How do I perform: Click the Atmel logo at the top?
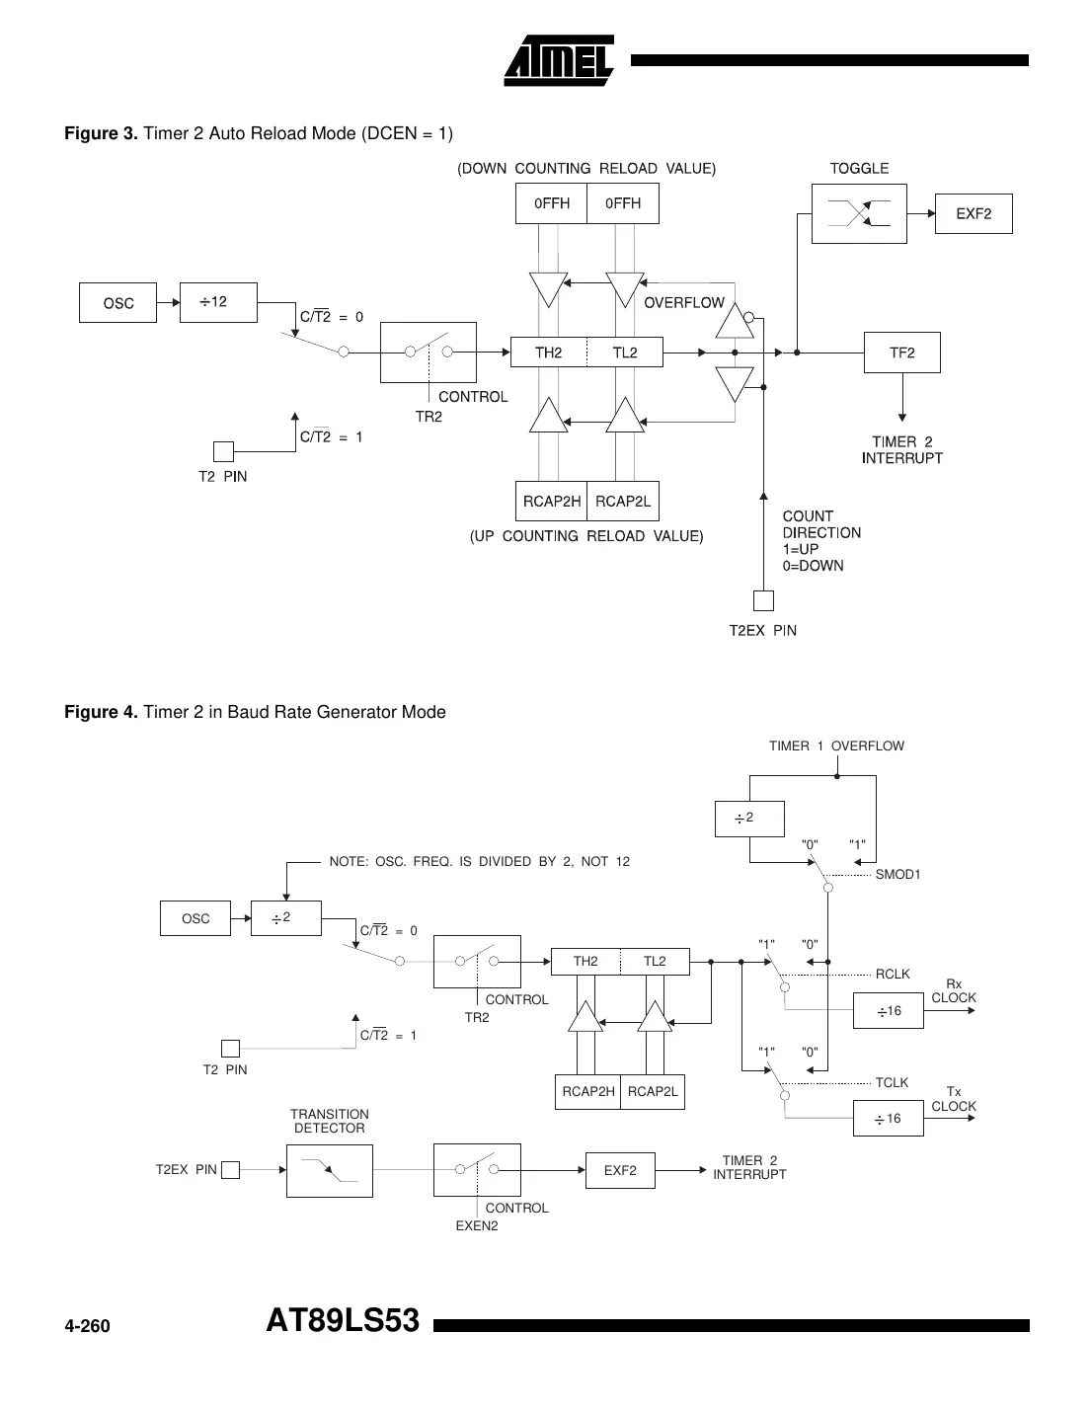click(559, 61)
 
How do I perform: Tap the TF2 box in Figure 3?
click(901, 353)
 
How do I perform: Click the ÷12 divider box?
click(218, 302)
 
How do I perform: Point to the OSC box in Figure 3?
click(117, 303)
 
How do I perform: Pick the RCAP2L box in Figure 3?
click(623, 501)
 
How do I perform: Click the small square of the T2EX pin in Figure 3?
click(763, 600)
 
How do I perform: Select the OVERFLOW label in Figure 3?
click(683, 303)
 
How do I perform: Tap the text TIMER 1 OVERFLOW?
click(836, 746)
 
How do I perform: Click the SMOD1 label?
click(897, 875)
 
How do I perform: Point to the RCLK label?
click(893, 974)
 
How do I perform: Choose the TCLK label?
click(892, 1082)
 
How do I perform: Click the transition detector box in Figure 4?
click(329, 1171)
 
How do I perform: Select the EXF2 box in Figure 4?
click(620, 1170)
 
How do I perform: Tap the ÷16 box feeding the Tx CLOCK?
click(888, 1119)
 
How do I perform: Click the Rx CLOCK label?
click(953, 990)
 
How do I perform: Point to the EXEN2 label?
click(477, 1225)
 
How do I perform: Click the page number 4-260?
click(87, 1326)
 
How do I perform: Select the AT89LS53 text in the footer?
click(343, 1321)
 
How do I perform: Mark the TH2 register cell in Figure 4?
click(585, 961)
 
